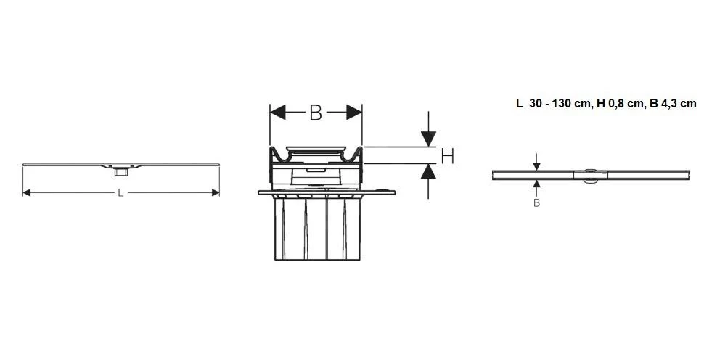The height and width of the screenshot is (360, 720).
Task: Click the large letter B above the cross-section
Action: [x=315, y=112]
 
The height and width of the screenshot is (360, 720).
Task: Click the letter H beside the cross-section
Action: [x=447, y=155]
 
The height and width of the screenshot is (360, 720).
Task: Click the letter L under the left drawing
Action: [x=120, y=192]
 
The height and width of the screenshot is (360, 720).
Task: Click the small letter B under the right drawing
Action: [x=536, y=203]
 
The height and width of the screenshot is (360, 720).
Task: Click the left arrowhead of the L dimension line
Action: [x=27, y=192]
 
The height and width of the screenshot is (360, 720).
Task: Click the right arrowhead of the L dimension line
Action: [x=215, y=192]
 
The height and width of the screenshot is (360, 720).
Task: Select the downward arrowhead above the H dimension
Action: [x=428, y=138]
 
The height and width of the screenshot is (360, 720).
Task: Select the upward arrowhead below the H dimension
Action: [x=428, y=172]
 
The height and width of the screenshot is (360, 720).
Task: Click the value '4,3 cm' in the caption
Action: [x=679, y=104]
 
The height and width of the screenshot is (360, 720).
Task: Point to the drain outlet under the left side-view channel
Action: [x=120, y=171]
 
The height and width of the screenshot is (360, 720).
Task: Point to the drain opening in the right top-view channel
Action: [x=589, y=174]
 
